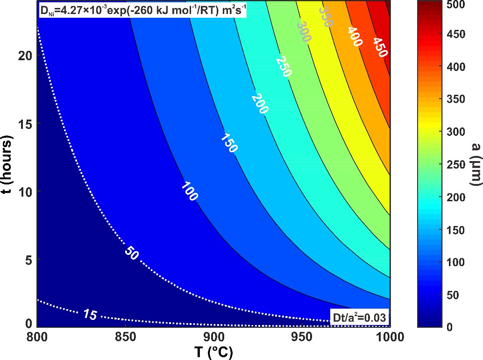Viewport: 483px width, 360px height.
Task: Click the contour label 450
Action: [x=380, y=47]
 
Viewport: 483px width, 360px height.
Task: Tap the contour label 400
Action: [x=354, y=36]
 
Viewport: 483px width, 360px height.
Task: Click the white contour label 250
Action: [x=284, y=66]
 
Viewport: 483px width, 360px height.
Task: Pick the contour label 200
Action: [x=260, y=104]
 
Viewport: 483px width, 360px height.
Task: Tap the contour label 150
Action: [x=229, y=143]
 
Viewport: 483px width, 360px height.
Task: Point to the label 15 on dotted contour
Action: [x=91, y=315]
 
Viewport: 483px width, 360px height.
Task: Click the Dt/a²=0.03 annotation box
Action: [x=359, y=318]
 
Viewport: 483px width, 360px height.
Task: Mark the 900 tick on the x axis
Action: [x=213, y=336]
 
